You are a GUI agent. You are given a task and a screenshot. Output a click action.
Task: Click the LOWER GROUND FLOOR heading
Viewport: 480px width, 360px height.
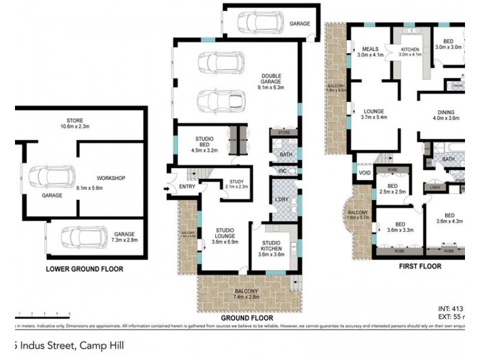[x=85, y=269]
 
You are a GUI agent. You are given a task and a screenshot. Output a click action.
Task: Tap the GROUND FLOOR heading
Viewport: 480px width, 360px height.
[x=247, y=318]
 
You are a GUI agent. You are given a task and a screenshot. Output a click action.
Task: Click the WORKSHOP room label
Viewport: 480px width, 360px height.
[x=110, y=179]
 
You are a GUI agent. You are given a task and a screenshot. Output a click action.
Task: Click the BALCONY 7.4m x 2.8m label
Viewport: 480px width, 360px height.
[x=247, y=293]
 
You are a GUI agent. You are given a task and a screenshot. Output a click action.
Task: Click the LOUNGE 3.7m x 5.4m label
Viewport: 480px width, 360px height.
[x=374, y=114]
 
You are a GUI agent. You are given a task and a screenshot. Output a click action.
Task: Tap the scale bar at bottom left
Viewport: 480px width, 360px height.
[x=43, y=314]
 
